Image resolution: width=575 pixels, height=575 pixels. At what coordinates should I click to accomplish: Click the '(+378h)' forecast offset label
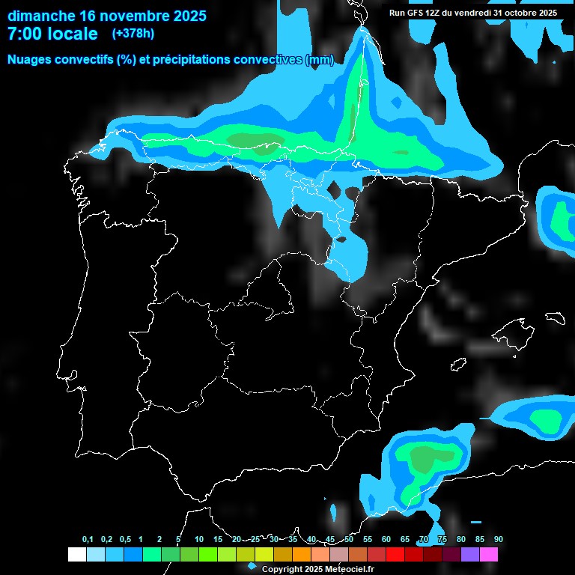tap(133, 34)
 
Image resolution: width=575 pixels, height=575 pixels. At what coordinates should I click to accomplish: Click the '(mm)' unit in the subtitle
tap(320, 59)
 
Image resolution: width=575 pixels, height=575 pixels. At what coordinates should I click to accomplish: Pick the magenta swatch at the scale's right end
tap(489, 555)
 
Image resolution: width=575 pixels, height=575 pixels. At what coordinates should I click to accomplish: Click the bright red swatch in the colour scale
tap(395, 555)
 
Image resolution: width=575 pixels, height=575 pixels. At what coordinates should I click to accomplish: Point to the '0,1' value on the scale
tap(88, 540)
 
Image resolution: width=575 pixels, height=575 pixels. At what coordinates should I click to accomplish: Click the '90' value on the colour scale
tap(499, 540)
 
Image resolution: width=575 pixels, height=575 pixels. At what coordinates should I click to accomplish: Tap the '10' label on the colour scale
tap(199, 540)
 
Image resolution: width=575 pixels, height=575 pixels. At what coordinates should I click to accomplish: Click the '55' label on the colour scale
tap(368, 540)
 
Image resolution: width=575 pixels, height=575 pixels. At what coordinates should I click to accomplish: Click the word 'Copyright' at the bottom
tap(285, 570)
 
